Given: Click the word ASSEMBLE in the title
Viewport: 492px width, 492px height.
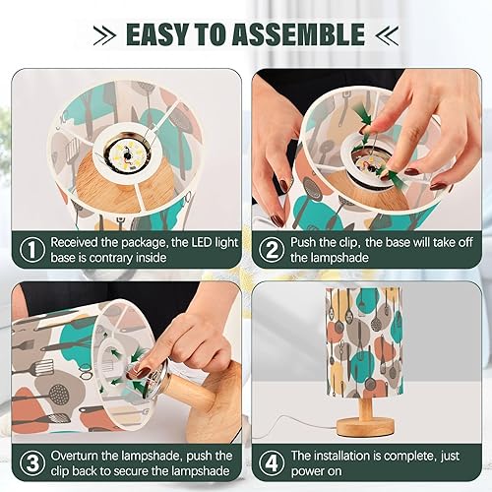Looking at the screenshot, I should (x=306, y=36).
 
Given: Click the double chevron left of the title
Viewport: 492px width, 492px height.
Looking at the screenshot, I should (x=103, y=36).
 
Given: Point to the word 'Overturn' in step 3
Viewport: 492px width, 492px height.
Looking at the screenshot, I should (x=79, y=455).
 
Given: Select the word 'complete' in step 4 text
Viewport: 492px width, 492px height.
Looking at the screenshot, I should (x=424, y=455).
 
